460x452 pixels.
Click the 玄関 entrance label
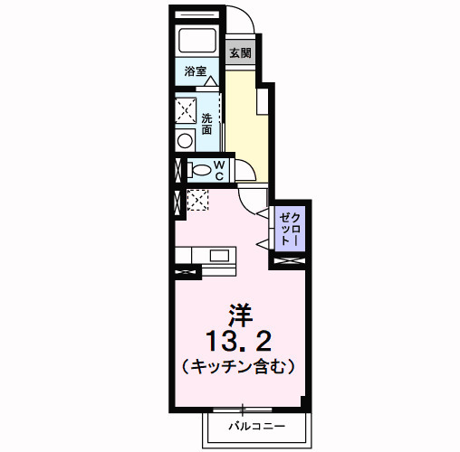[x=239, y=53]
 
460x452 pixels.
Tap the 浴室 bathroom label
[x=196, y=71]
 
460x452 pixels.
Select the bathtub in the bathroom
[x=196, y=42]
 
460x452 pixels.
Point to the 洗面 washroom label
[x=207, y=124]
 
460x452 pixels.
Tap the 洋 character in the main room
[x=239, y=313]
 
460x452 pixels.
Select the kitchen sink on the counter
[x=220, y=255]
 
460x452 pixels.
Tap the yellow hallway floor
[x=246, y=127]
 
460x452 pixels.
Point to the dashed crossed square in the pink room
[x=197, y=201]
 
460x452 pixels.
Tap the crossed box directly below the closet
[x=291, y=261]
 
